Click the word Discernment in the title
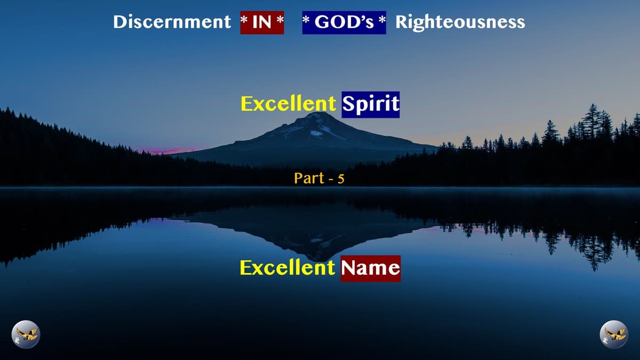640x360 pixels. (172, 22)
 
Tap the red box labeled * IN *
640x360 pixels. (262, 22)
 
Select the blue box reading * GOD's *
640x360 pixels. (344, 22)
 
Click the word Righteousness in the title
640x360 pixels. (460, 22)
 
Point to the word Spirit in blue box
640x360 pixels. (371, 104)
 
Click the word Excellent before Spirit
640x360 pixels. (289, 104)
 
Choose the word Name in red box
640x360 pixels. (370, 268)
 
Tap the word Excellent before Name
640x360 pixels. (287, 268)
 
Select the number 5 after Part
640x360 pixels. (341, 179)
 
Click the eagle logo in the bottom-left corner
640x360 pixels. (26, 334)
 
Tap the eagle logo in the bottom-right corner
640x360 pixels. (614, 334)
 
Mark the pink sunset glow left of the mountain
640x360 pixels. (165, 151)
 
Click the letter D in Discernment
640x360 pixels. (120, 22)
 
